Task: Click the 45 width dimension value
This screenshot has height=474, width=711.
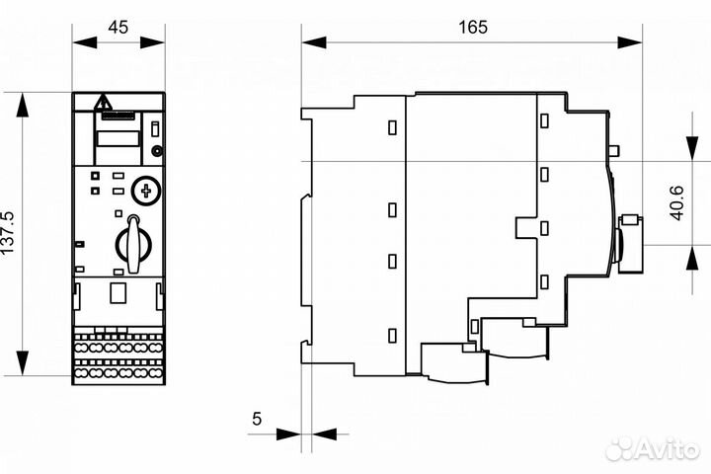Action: pyautogui.click(x=118, y=27)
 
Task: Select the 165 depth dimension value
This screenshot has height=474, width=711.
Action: pyautogui.click(x=472, y=27)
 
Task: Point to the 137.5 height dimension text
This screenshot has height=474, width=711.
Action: pyautogui.click(x=9, y=233)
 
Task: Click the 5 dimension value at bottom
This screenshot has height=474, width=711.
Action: pyautogui.click(x=258, y=419)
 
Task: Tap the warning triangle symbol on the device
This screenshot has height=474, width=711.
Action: pyautogui.click(x=102, y=102)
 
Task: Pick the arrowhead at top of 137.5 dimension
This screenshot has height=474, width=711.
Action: pyautogui.click(x=22, y=103)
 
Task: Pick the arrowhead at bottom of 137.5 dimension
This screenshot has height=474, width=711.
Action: pyautogui.click(x=22, y=364)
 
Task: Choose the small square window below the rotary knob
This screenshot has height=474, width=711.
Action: pyautogui.click(x=118, y=292)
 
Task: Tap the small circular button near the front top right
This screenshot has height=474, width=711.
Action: pyautogui.click(x=156, y=151)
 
